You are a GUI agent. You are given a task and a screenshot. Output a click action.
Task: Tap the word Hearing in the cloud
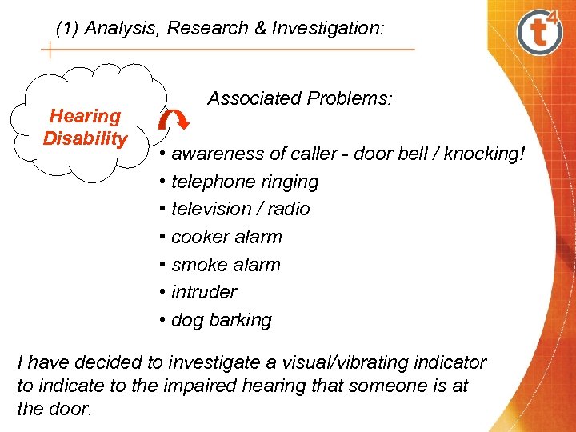click(x=85, y=116)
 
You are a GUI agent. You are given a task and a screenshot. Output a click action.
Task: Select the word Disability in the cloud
click(x=85, y=138)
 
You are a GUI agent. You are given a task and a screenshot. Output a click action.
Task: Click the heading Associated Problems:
click(x=300, y=98)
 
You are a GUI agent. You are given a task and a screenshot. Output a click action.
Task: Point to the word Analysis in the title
click(x=118, y=29)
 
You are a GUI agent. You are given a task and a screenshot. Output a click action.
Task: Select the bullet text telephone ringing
click(x=245, y=182)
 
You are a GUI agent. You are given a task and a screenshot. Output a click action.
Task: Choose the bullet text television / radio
click(x=240, y=209)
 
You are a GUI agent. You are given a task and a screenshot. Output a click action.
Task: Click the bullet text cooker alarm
click(x=226, y=237)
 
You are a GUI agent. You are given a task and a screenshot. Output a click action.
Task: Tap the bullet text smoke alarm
click(x=226, y=265)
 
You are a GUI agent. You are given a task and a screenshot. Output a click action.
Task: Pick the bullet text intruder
click(x=204, y=292)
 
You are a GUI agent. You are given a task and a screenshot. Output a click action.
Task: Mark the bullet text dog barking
click(x=222, y=320)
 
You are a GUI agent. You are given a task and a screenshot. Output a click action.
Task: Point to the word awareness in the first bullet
click(x=216, y=154)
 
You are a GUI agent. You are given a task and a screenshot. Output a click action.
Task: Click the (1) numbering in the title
click(x=67, y=29)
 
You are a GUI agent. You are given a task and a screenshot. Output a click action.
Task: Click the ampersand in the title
click(x=259, y=29)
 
